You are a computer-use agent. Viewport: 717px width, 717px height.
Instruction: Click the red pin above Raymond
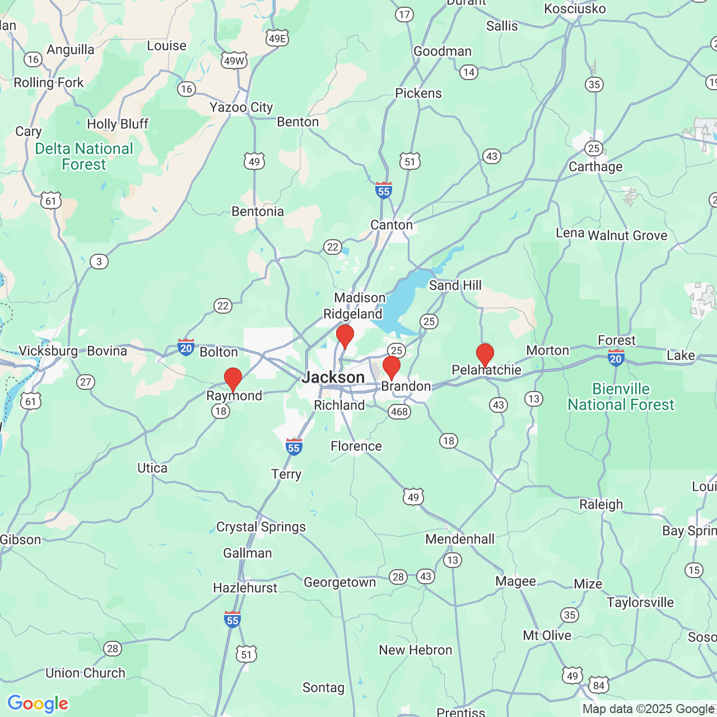233,379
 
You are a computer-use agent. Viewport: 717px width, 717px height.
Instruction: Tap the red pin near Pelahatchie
485,355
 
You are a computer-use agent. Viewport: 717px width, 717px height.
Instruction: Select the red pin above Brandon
392,367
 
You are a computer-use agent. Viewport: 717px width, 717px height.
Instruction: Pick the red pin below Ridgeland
345,336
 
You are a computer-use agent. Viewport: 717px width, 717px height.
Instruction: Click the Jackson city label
333,378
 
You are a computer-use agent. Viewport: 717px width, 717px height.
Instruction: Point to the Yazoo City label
241,107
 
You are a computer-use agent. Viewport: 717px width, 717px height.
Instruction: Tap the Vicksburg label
48,351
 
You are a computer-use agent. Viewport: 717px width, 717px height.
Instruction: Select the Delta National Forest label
84,156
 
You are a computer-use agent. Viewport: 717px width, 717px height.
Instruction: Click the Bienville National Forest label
621,397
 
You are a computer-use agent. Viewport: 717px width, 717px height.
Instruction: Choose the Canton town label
392,225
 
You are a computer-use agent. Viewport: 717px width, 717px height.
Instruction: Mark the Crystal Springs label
261,527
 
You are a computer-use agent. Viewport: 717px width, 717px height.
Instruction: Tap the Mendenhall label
460,539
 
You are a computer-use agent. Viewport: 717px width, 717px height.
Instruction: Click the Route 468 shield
399,412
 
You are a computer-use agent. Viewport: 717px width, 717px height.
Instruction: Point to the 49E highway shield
277,38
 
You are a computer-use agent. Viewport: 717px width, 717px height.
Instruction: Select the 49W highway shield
234,61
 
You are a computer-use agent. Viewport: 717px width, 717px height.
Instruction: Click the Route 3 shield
99,262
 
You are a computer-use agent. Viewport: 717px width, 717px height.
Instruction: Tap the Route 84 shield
599,685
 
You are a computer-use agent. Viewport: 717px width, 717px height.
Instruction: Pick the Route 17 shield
404,15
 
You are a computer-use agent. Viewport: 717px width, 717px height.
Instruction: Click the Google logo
38,704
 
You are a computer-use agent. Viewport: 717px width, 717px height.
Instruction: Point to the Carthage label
595,166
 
